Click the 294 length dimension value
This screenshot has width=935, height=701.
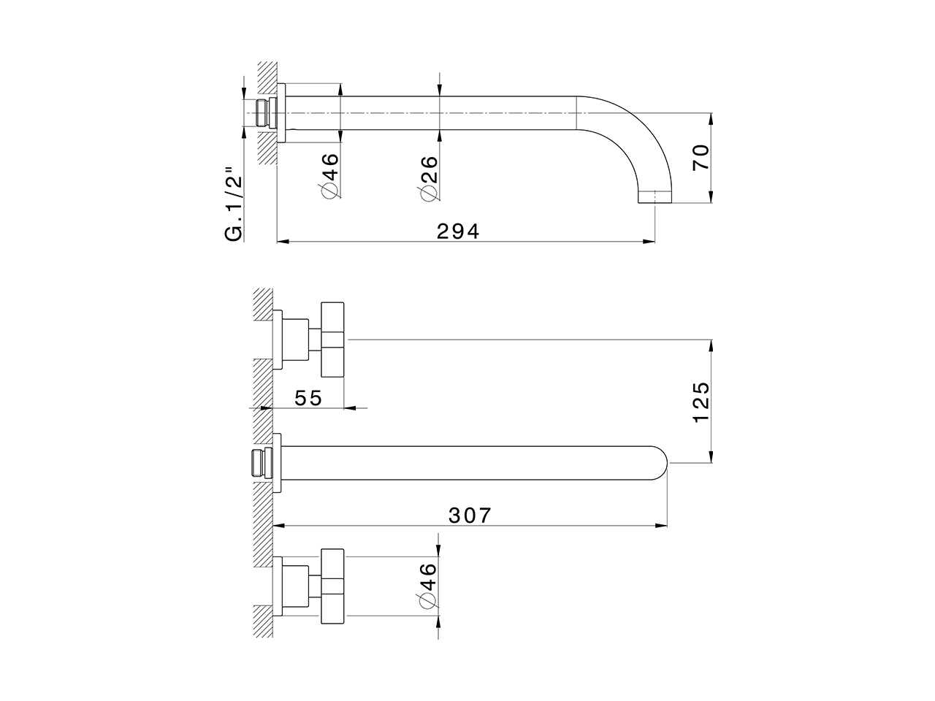tap(458, 231)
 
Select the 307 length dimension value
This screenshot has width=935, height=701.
tap(469, 515)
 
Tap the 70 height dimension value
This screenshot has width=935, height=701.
tap(701, 158)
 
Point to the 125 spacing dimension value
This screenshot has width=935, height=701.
tap(701, 401)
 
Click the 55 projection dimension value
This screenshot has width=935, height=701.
tap(308, 398)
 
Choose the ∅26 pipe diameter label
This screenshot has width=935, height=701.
tap(429, 177)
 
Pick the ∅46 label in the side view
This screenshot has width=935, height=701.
tap(329, 176)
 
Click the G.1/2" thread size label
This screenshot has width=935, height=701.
tap(234, 204)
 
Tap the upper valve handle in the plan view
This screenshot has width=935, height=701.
tap(332, 340)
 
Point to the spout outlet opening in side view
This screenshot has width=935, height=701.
tap(654, 198)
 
